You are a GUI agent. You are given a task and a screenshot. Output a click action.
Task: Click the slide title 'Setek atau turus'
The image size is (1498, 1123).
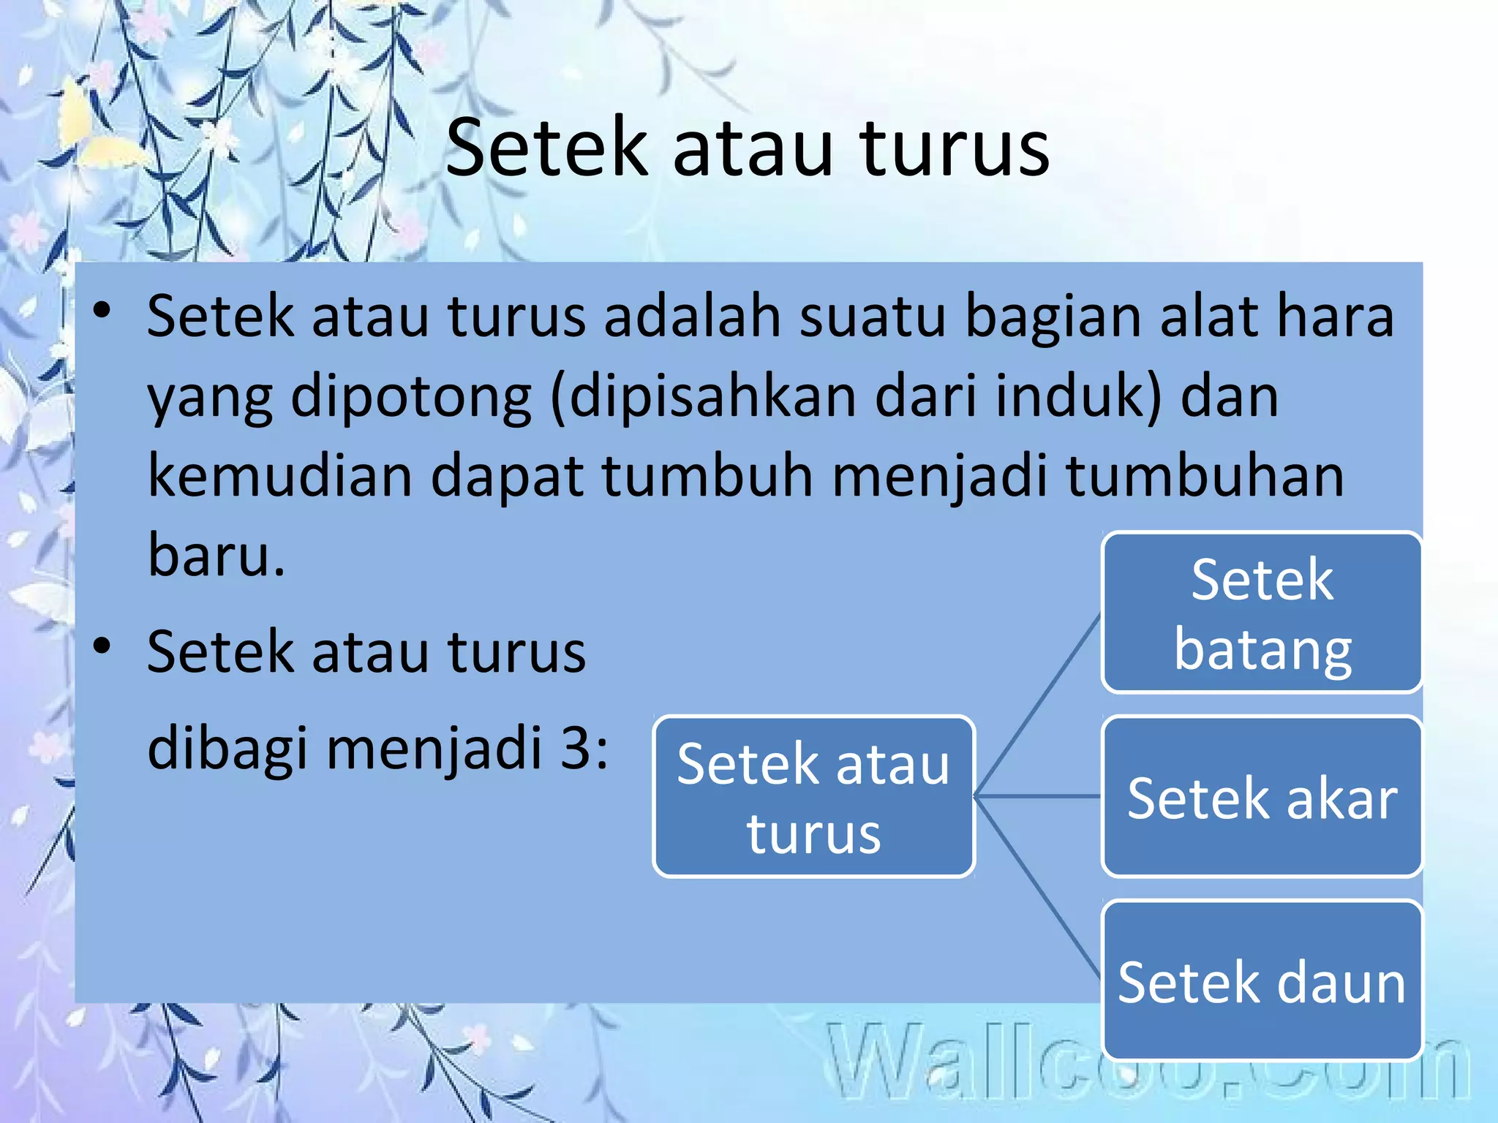(x=748, y=148)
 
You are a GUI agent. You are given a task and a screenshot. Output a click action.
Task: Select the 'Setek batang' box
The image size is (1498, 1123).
(x=1262, y=613)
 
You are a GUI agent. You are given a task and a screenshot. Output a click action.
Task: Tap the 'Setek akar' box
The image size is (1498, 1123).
(x=1262, y=797)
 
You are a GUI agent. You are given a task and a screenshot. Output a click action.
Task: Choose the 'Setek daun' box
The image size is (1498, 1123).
(x=1262, y=981)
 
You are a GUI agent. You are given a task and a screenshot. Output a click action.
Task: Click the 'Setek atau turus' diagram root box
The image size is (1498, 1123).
(x=813, y=797)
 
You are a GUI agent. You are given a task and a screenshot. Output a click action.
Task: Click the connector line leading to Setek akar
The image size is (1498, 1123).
(x=1039, y=795)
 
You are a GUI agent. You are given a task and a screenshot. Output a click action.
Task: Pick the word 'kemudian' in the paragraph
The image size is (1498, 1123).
(x=279, y=475)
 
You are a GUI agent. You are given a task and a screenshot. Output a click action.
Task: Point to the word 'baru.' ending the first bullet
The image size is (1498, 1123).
(x=217, y=554)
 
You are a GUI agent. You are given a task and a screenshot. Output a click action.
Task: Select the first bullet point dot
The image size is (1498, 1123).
(x=102, y=311)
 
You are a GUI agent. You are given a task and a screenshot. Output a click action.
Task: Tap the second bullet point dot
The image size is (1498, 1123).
(x=102, y=646)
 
